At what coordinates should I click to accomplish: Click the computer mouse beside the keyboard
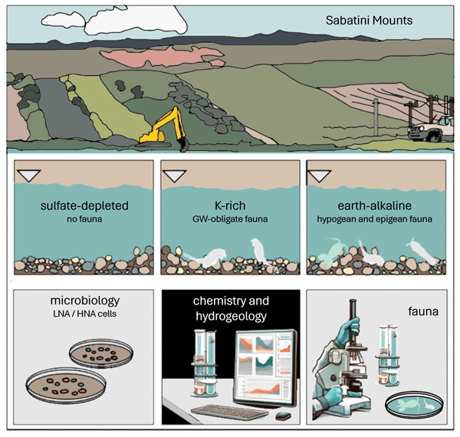(283, 416)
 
